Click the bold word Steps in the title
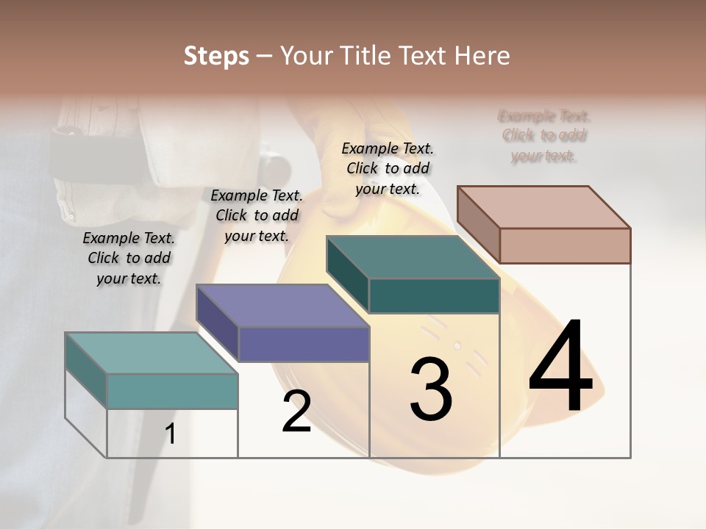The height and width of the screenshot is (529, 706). click(216, 56)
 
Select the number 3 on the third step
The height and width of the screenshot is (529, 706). click(431, 389)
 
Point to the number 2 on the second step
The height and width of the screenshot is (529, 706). click(297, 411)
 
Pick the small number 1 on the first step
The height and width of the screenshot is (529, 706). click(171, 433)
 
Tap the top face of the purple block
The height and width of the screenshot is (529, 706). click(282, 305)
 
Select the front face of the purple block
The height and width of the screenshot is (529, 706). click(304, 344)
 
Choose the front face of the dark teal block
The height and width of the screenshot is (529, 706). click(434, 295)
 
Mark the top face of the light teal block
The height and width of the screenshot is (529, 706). click(151, 353)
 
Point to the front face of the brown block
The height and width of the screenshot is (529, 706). click(565, 245)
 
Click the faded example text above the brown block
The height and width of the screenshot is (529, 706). click(544, 136)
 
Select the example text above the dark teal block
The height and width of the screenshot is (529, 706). click(388, 168)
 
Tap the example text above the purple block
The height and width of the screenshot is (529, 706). click(257, 215)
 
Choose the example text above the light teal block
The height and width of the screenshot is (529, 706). click(129, 258)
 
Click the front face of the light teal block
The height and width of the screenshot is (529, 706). click(172, 391)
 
